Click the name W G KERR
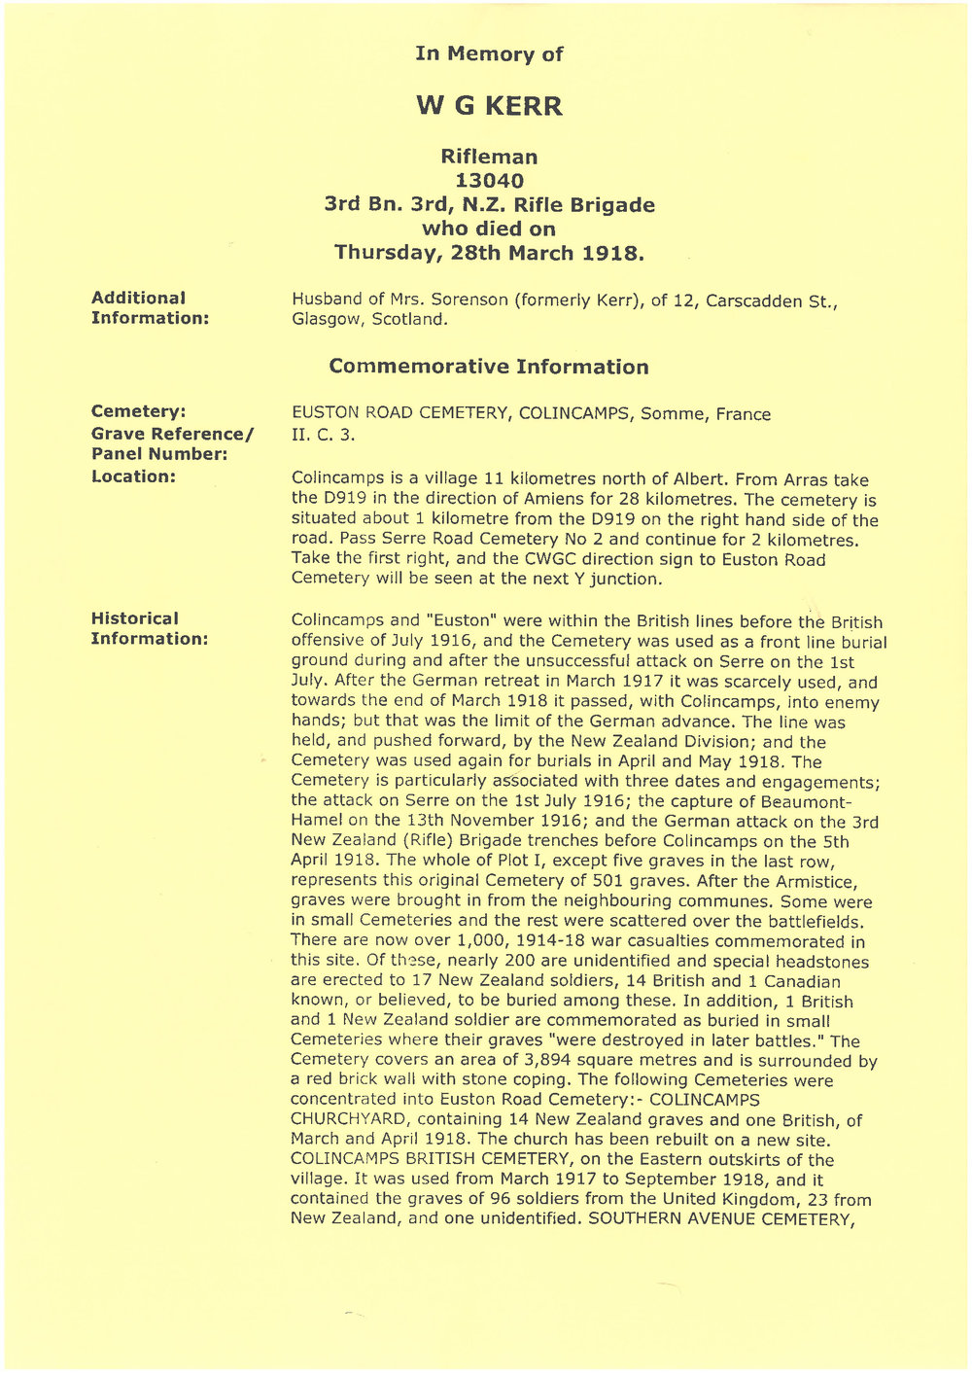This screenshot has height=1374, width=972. pyautogui.click(x=489, y=106)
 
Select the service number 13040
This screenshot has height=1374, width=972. pyautogui.click(x=489, y=181)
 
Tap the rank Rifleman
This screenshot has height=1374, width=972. pyautogui.click(x=489, y=157)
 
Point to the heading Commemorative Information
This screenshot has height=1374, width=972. pyautogui.click(x=489, y=367)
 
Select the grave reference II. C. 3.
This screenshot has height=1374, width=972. pyautogui.click(x=324, y=435)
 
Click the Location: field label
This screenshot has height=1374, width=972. pyautogui.click(x=133, y=476)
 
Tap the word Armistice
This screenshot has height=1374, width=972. pyautogui.click(x=814, y=882)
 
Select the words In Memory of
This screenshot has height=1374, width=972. pyautogui.click(x=489, y=53)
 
